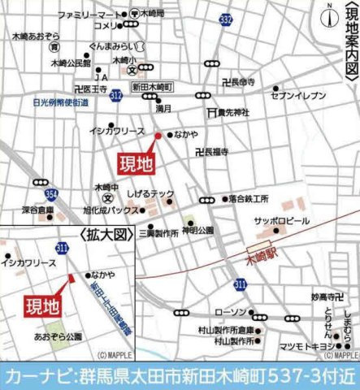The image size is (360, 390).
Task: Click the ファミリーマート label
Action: [x=89, y=15]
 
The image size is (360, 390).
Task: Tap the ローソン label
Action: [x=219, y=312]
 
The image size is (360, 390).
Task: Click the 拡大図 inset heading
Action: [x=105, y=233]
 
